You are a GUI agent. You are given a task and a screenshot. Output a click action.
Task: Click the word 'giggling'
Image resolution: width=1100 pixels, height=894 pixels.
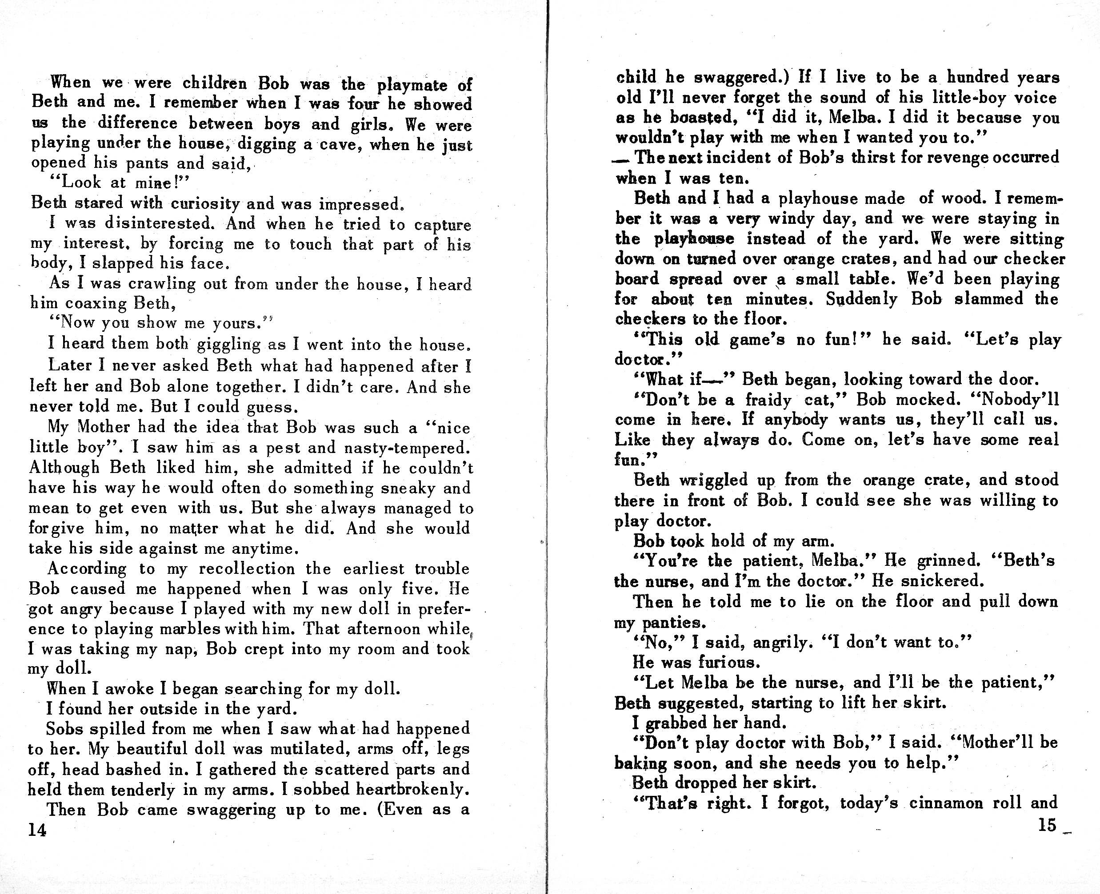pos(240,344)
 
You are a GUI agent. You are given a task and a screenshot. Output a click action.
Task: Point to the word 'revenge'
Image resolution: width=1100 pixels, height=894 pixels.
pos(951,158)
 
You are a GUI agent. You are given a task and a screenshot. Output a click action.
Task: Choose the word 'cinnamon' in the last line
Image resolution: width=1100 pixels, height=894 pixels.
pos(945,803)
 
